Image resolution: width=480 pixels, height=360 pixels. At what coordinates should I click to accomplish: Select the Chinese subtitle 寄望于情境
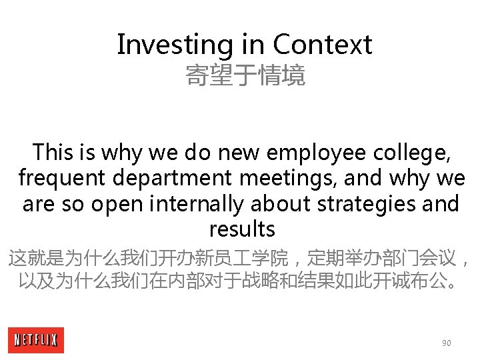tap(245, 75)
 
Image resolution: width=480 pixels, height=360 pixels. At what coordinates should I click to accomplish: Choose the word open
tap(114, 203)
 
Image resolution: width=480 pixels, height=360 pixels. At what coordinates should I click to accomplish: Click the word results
tap(242, 229)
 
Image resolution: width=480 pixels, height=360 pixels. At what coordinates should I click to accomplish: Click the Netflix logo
tap(36, 341)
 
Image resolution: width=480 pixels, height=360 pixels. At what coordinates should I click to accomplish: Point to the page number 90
tap(446, 343)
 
